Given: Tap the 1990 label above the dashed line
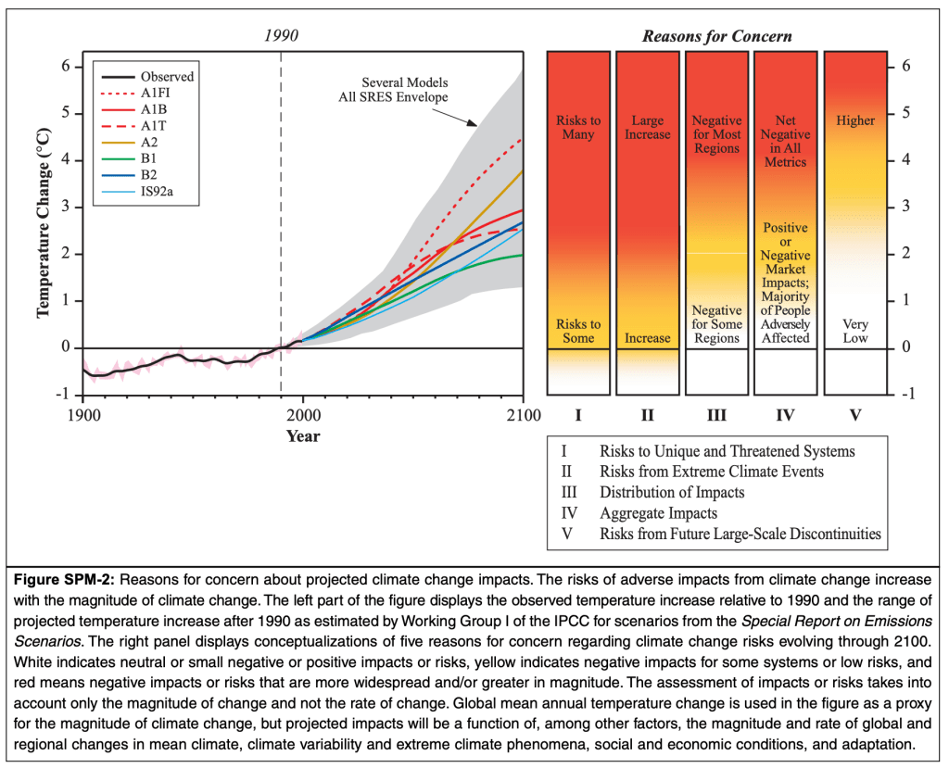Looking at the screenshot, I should (x=281, y=36).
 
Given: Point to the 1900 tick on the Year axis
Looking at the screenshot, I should (x=83, y=414).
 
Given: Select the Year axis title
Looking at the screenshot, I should (x=303, y=434).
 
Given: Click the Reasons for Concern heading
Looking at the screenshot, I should (x=716, y=37).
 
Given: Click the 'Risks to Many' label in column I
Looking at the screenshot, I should (x=578, y=128).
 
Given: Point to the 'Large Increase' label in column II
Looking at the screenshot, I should (x=647, y=128).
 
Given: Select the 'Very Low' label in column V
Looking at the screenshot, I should (x=855, y=331).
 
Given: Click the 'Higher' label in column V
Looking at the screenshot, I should (x=855, y=120).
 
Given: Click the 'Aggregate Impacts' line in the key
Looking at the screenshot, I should (x=658, y=513).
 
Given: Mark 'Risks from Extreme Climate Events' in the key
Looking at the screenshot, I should (x=711, y=472).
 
